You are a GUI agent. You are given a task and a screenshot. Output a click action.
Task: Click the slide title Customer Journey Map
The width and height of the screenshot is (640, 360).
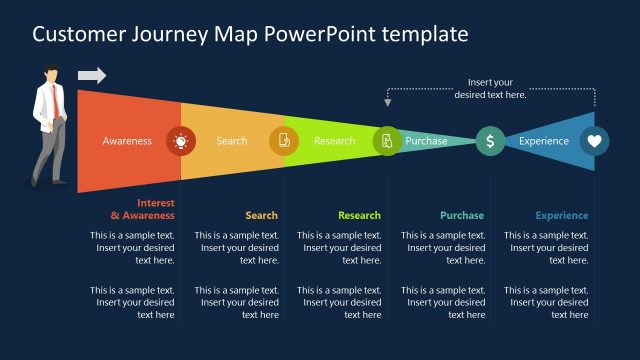pyautogui.click(x=250, y=34)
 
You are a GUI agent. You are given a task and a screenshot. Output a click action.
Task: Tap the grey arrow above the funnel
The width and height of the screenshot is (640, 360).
pyautogui.click(x=91, y=75)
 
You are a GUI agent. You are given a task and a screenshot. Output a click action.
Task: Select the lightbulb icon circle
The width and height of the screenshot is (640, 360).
pyautogui.click(x=180, y=141)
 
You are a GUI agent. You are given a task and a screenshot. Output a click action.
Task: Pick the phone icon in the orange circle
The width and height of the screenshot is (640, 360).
pyautogui.click(x=284, y=141)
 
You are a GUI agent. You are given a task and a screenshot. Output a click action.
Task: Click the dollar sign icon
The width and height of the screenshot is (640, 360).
pyautogui.click(x=490, y=141)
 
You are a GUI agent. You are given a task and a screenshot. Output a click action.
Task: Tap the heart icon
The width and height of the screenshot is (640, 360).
pyautogui.click(x=594, y=141)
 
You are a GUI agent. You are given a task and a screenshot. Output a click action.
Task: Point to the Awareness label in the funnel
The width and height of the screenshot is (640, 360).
pyautogui.click(x=127, y=141)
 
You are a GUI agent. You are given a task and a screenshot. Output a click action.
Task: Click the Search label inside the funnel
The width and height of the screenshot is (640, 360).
pyautogui.click(x=232, y=141)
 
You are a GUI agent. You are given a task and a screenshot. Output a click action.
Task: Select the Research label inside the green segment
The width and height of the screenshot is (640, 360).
pyautogui.click(x=334, y=141)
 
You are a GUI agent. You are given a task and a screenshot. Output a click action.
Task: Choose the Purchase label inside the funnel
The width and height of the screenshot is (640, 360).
pyautogui.click(x=427, y=141)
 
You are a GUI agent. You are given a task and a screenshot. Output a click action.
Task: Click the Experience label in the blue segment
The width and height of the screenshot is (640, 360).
pyautogui.click(x=544, y=141)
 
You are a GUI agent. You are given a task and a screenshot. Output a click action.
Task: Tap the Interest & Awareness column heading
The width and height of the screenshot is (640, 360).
pyautogui.click(x=142, y=209)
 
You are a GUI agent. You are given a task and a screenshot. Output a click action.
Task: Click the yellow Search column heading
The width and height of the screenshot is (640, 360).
pyautogui.click(x=262, y=215)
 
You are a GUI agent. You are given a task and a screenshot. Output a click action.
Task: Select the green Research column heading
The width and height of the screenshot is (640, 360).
pyautogui.click(x=359, y=215)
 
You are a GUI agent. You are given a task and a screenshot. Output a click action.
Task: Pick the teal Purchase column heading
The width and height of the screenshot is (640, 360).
pyautogui.click(x=462, y=215)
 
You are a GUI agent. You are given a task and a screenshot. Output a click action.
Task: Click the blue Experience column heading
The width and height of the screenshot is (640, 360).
pyautogui.click(x=562, y=215)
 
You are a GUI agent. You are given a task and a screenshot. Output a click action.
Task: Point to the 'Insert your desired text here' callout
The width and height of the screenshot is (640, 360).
pyautogui.click(x=490, y=88)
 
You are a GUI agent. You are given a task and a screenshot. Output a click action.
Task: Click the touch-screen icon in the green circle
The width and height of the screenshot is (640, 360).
pyautogui.click(x=387, y=141)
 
